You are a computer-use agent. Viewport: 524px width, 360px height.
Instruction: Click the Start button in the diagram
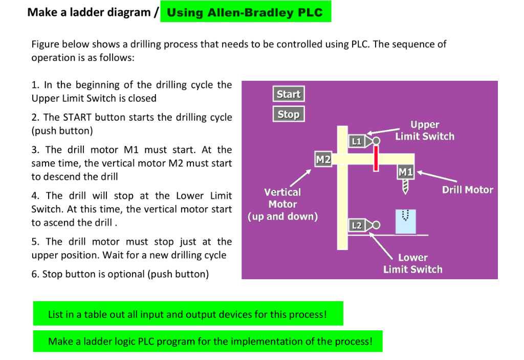tap(289, 94)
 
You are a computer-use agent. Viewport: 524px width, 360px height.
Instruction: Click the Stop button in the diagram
tap(289, 114)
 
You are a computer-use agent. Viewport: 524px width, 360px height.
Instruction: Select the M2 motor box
tap(323, 159)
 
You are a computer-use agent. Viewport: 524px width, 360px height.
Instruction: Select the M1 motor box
tap(406, 172)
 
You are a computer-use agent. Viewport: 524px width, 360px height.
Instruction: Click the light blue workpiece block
tap(405, 221)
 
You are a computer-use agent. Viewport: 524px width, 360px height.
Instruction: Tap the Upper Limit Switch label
tap(425, 130)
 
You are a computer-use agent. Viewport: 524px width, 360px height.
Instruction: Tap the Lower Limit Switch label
tap(412, 263)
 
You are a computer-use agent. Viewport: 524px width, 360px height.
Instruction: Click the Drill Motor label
tap(467, 190)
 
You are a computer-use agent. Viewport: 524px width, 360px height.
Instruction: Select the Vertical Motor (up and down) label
tap(282, 204)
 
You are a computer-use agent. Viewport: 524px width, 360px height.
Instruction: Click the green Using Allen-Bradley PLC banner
tap(246, 12)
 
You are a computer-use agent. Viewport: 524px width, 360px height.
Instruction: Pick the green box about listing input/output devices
tap(188, 314)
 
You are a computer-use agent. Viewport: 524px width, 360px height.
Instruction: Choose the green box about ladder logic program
tap(208, 341)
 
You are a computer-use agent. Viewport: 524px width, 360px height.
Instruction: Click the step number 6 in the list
tap(34, 274)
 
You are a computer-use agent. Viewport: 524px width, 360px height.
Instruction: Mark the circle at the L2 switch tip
tap(376, 225)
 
